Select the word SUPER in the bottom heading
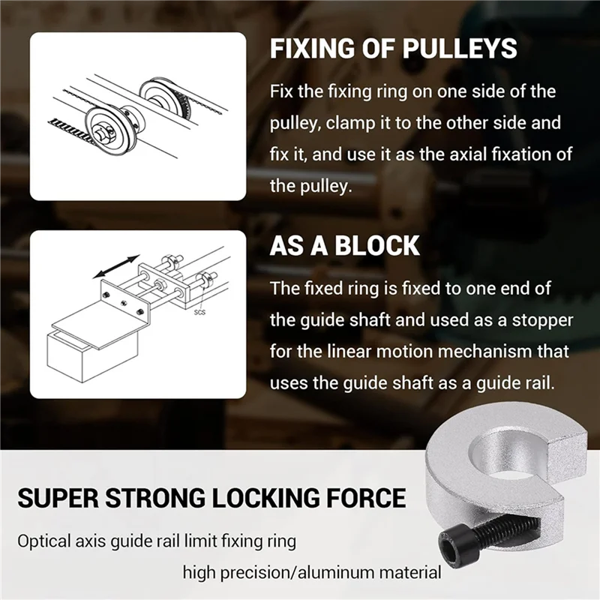63,498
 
